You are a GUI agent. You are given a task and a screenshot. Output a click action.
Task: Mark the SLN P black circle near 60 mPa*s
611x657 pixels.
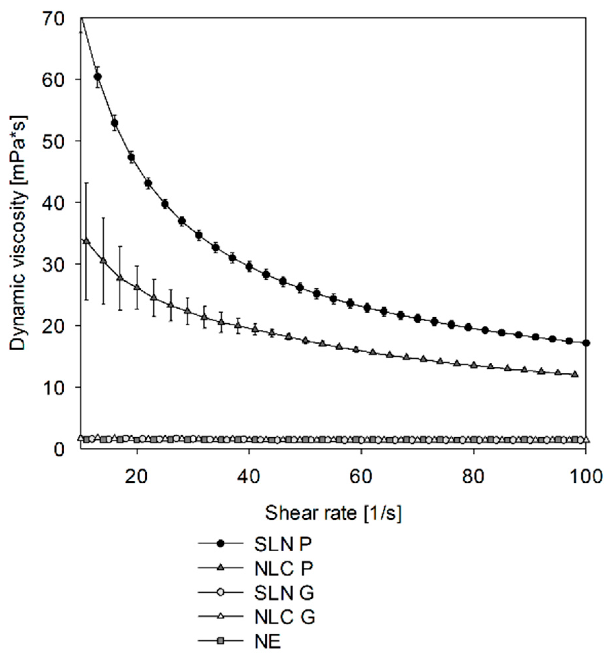pyautogui.click(x=98, y=77)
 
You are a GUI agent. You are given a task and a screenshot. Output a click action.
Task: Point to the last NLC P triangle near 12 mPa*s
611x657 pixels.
pyautogui.click(x=575, y=374)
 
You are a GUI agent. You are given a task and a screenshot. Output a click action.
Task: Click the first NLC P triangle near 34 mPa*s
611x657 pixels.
pyautogui.click(x=87, y=241)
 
